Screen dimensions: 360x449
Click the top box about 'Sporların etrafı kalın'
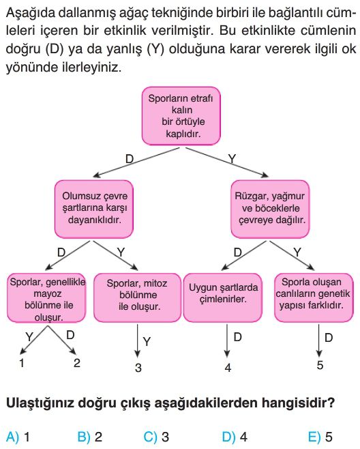pos(181,116)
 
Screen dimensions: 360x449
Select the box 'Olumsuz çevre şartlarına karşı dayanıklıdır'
pos(94,209)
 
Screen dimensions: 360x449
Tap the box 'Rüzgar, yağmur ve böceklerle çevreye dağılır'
pos(270,209)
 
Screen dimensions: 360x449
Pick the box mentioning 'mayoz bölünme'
pos(46,298)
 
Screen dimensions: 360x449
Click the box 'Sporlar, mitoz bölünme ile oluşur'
pos(137,298)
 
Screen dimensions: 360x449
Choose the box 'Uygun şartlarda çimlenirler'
pos(223,298)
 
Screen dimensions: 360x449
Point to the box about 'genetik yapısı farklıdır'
pos(314,298)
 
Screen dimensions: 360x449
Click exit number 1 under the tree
pos(21,363)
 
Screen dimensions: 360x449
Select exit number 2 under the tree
pos(76,363)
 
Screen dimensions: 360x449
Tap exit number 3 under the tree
pos(138,367)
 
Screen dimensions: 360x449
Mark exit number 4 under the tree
pos(228,367)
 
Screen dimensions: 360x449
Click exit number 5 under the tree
pos(320,365)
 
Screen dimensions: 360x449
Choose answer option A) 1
pos(18,437)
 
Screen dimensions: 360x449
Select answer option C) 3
pos(156,437)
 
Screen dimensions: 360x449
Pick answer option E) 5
pos(320,437)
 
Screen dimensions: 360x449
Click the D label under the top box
pos(130,158)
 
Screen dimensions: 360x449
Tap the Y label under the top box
pos(232,158)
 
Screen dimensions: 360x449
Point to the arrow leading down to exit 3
pos(138,341)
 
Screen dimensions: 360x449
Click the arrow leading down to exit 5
pos(319,341)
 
